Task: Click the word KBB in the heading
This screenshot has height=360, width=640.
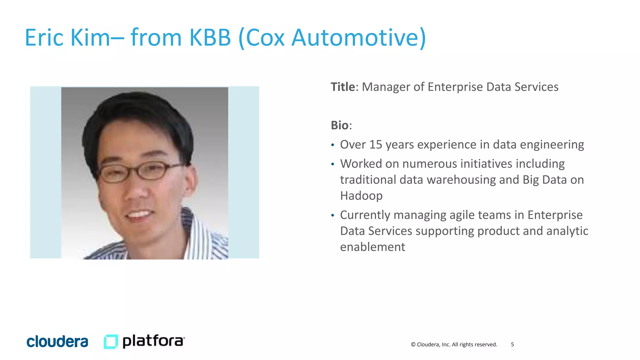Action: tap(210, 37)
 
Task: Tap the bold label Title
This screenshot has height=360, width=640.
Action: tap(343, 87)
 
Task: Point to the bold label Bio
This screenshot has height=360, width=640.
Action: tap(340, 125)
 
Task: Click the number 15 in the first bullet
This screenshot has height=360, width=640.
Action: tap(376, 145)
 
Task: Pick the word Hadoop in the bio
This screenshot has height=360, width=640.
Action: tap(361, 196)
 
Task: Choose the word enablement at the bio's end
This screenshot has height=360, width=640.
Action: tap(372, 247)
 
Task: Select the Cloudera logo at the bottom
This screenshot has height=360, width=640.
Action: tap(57, 342)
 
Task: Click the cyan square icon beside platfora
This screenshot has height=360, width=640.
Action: tap(111, 341)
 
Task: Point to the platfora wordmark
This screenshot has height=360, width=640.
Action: tap(153, 341)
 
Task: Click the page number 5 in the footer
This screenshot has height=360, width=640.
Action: tap(512, 344)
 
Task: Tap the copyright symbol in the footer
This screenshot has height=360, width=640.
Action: tap(413, 344)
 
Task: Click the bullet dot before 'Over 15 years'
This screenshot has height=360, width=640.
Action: tap(333, 145)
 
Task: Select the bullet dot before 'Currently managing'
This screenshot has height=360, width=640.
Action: tap(333, 215)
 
